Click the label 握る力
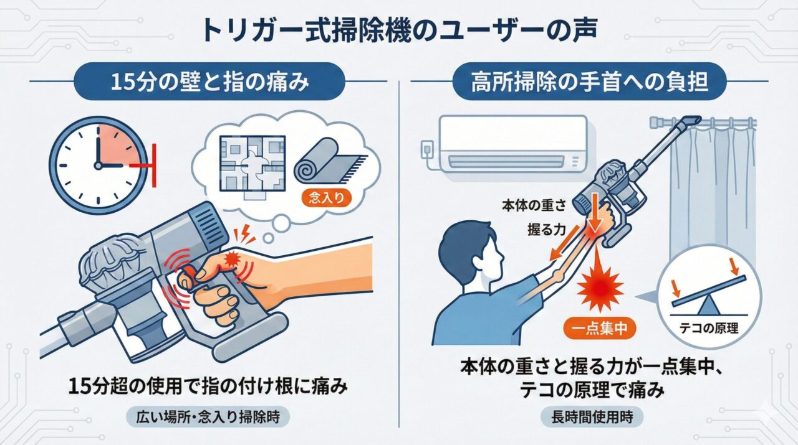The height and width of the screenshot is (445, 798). tap(544, 229)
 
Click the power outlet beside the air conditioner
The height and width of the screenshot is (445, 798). tap(428, 149)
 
